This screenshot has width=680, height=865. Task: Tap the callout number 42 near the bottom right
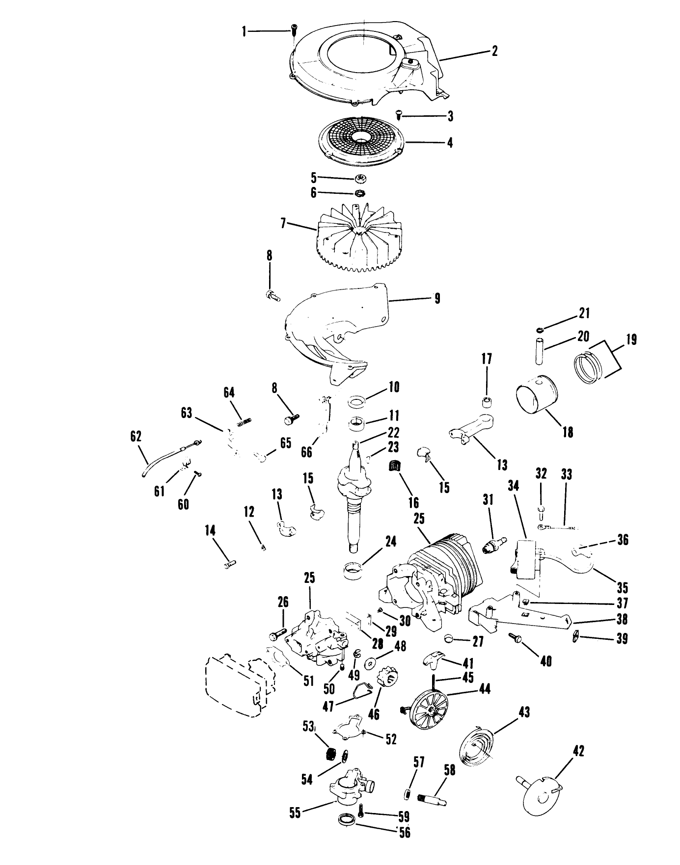click(578, 751)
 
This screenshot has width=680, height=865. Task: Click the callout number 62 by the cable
click(136, 436)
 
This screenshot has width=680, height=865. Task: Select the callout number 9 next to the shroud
click(437, 298)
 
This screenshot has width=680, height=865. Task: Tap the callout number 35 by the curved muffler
click(623, 587)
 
